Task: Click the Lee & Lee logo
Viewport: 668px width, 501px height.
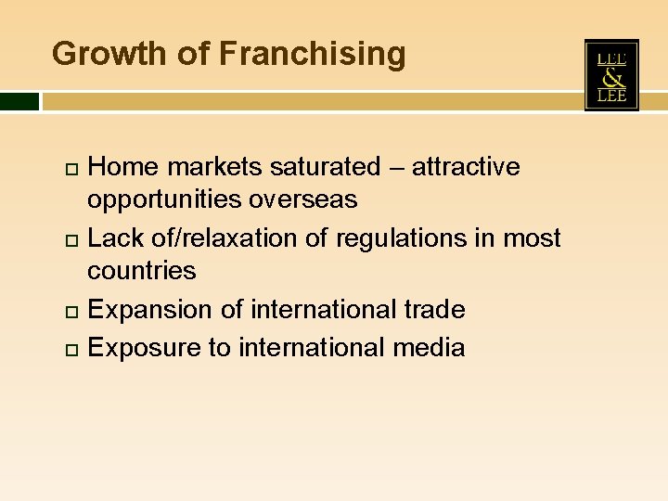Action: (x=611, y=76)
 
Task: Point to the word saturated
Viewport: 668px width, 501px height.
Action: (x=325, y=167)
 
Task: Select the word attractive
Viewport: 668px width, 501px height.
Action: (x=466, y=167)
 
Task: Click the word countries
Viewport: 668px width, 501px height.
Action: (x=142, y=271)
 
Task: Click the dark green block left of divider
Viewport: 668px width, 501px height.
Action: (x=19, y=101)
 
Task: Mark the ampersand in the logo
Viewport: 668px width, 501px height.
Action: (x=611, y=76)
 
